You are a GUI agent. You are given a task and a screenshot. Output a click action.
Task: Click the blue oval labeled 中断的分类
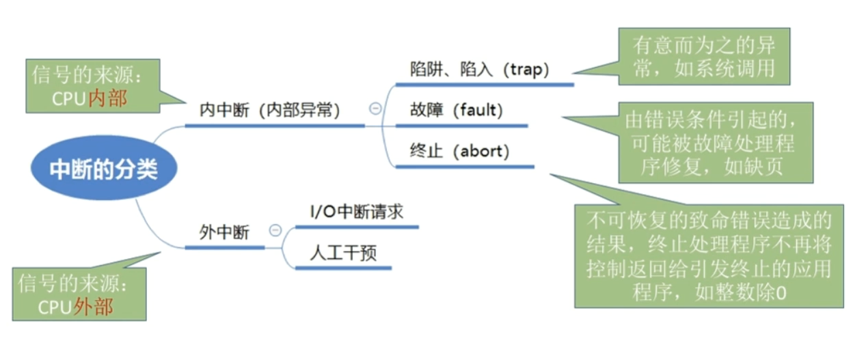103,169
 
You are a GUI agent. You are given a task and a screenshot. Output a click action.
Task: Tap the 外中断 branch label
224,232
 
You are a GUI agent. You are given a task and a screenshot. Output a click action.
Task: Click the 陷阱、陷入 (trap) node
479,69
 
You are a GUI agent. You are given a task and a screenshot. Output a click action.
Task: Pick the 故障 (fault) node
456,110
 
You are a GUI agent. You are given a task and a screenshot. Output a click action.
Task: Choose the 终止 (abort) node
459,150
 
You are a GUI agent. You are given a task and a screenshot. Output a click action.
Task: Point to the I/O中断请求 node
356,212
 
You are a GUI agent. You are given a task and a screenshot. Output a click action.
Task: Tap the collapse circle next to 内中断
375,107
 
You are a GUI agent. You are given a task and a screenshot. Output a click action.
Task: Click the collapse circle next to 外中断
275,230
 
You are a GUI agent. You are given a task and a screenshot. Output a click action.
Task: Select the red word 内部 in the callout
107,98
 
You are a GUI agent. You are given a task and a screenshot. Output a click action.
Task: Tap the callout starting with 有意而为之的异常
704,57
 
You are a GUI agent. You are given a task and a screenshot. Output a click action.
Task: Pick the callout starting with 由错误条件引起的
716,143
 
